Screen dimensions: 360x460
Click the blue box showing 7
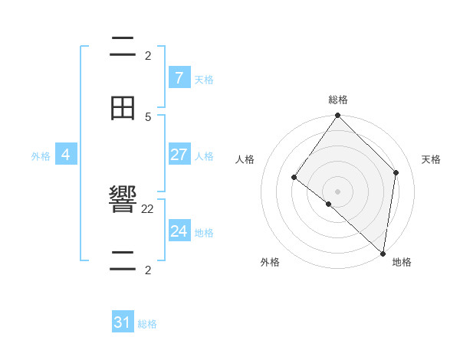pos(179,77)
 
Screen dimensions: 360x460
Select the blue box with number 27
pos(179,154)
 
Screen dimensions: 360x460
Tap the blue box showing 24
pos(179,231)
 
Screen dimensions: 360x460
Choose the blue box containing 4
pos(66,154)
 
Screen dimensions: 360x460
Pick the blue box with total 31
pos(123,322)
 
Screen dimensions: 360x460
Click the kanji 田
pos(123,109)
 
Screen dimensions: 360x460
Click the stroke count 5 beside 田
pos(148,116)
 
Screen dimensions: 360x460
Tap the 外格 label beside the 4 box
pos(41,155)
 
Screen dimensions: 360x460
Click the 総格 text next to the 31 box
pos(147,324)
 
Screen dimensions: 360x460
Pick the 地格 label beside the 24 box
pos(204,232)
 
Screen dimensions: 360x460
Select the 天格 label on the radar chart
pos(431,159)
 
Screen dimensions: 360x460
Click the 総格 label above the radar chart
pos(337,100)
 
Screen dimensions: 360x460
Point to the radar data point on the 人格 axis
pos(294,178)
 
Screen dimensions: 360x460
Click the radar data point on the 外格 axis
pos(328,205)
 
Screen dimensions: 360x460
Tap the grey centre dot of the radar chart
pos(337,191)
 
